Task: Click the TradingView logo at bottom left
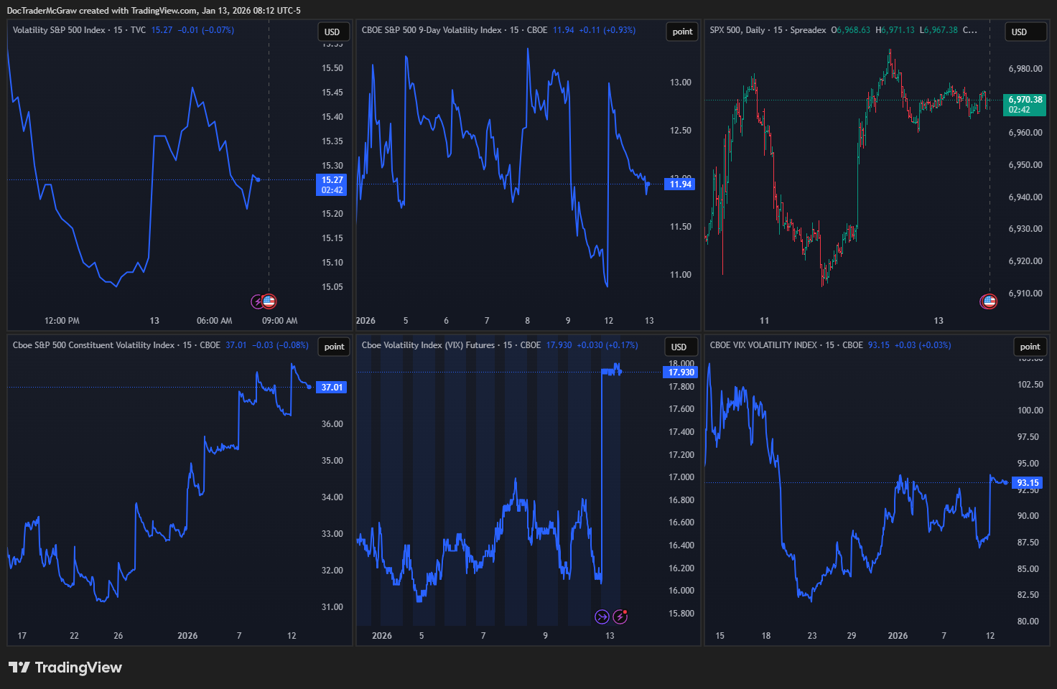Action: (65, 667)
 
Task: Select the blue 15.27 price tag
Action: (332, 184)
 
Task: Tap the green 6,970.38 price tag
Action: (1025, 105)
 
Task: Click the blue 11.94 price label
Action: (680, 184)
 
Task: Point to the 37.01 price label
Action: (332, 388)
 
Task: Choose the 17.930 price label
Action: (681, 372)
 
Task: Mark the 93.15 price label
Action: (1028, 483)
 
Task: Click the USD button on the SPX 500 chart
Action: (1019, 32)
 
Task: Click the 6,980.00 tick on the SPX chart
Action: (1025, 69)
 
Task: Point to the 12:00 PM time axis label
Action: (62, 321)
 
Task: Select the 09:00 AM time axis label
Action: (279, 321)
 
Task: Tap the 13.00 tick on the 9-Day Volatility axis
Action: (680, 83)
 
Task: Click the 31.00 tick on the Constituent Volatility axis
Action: (332, 607)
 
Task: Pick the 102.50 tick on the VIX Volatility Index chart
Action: (1030, 385)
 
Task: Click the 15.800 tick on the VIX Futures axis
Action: (681, 614)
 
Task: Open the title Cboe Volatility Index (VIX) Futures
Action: (428, 345)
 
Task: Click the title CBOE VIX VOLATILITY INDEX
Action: (763, 345)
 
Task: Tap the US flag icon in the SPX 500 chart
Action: (989, 301)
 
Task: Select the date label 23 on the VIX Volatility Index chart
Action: (811, 636)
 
